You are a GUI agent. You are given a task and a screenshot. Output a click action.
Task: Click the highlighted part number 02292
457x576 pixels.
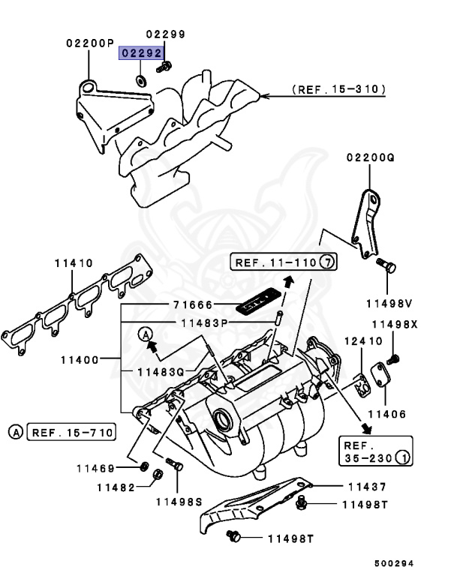click(x=142, y=54)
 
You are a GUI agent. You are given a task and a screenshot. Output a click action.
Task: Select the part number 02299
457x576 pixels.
click(x=165, y=34)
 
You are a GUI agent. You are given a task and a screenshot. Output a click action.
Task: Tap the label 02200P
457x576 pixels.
click(x=89, y=43)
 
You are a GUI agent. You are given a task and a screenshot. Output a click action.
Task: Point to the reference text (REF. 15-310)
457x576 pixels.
click(x=339, y=89)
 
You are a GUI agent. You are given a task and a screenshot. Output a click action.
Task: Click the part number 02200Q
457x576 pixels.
click(x=370, y=158)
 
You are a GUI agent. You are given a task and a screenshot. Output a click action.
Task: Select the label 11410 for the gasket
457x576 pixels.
click(x=73, y=263)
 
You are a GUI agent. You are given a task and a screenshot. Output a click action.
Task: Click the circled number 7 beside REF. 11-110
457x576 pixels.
click(x=327, y=262)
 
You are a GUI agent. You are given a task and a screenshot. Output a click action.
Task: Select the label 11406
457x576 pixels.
click(x=386, y=413)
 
